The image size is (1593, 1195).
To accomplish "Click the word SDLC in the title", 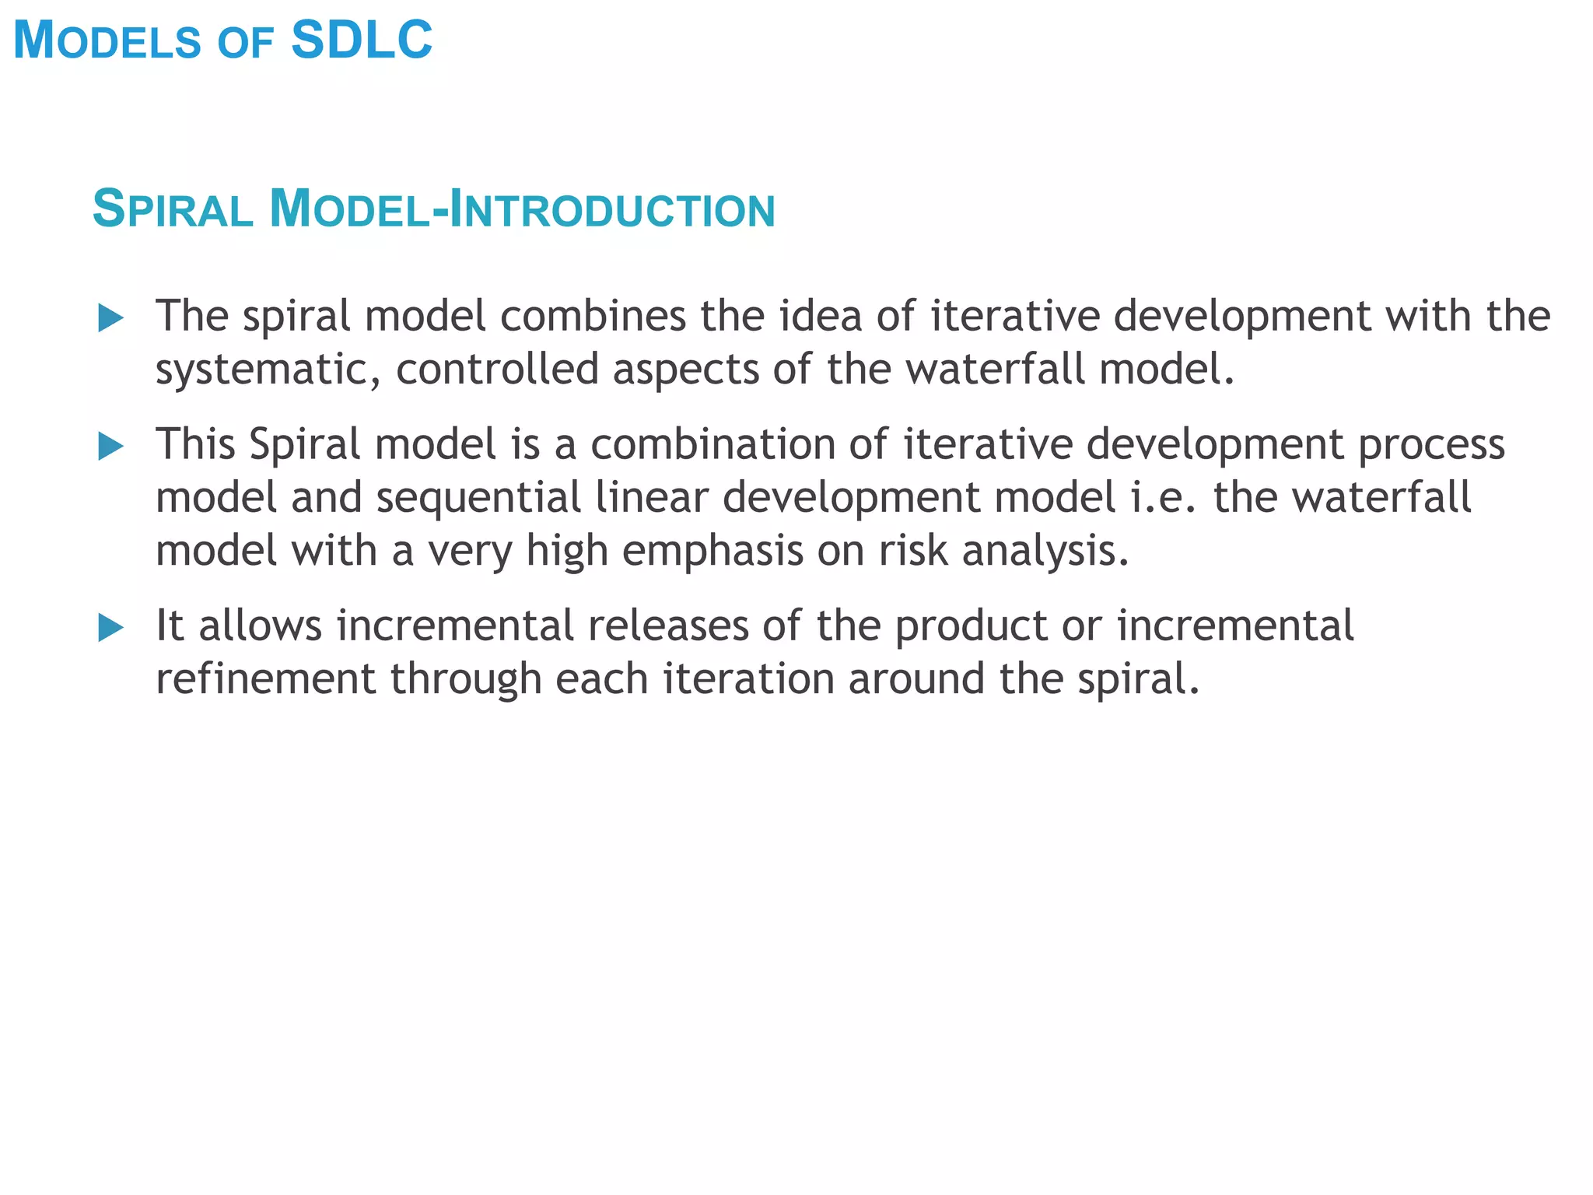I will tap(362, 40).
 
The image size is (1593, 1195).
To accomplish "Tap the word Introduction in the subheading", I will tap(613, 210).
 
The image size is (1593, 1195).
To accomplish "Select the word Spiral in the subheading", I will tap(173, 210).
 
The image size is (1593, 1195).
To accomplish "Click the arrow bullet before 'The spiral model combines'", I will tap(111, 318).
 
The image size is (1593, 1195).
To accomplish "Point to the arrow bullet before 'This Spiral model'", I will tap(111, 447).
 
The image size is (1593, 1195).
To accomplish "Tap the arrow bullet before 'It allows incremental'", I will tap(111, 628).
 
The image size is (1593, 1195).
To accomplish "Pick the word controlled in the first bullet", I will tap(497, 368).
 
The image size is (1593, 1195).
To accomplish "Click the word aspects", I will tap(685, 370).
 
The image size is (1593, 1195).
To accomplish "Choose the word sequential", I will tap(478, 499).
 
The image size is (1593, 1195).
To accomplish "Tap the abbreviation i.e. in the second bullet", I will tap(1162, 498).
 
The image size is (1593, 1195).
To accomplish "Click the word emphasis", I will tap(712, 552).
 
